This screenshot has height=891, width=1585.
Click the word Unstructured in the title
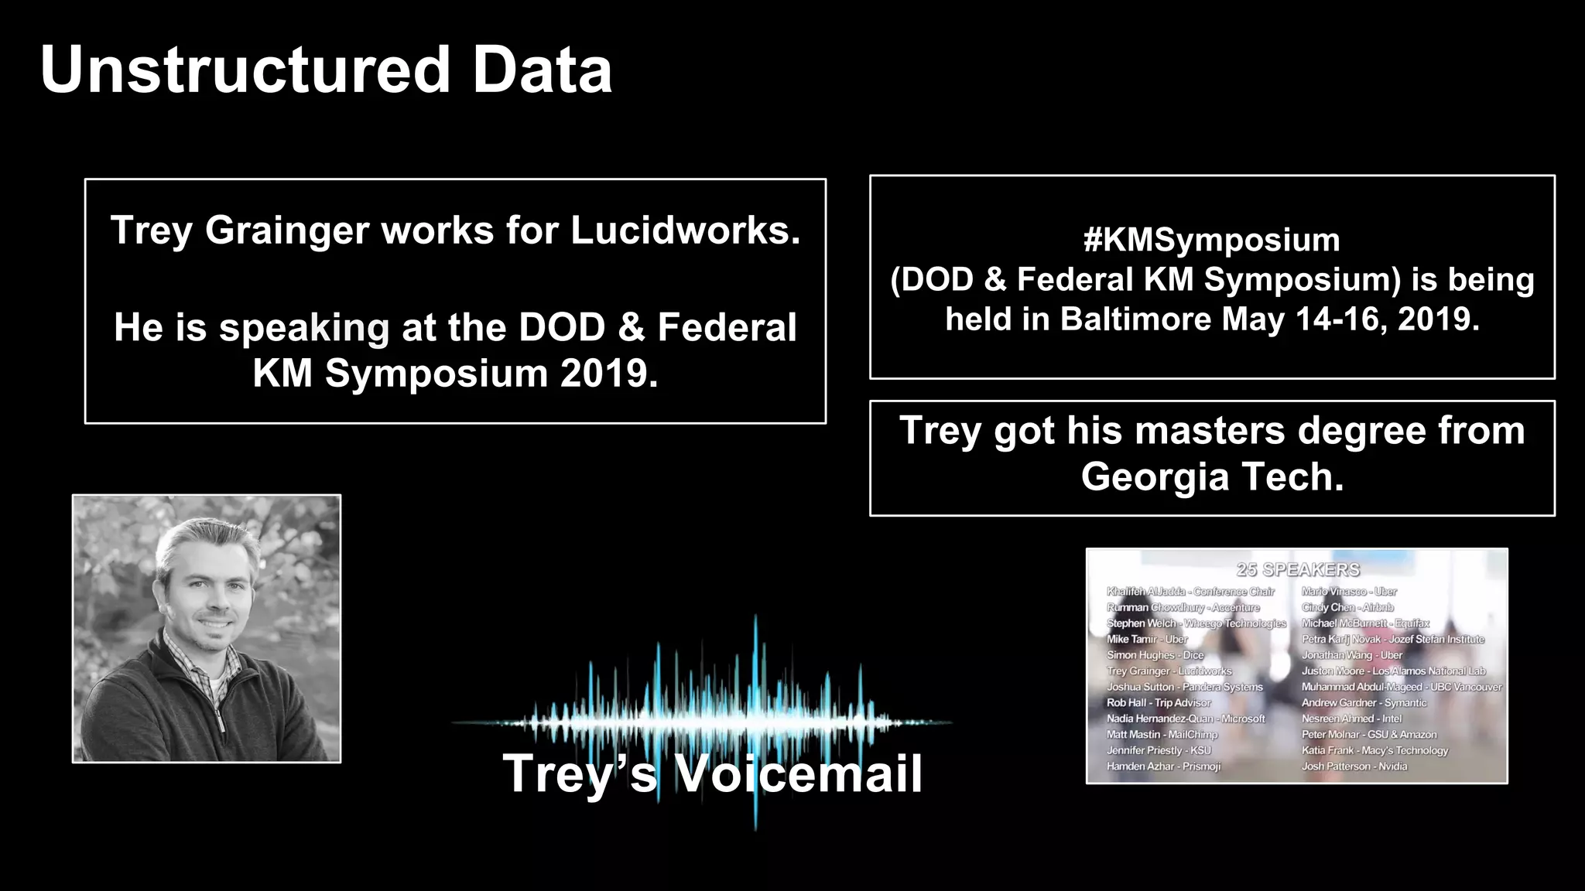pos(245,70)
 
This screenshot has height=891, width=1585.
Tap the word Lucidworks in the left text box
pos(685,230)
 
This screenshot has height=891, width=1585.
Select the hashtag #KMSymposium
pos(1211,240)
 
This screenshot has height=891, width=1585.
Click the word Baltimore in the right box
pos(1135,319)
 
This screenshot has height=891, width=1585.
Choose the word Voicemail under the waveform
pos(798,773)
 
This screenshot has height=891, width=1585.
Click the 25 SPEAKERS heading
pos(1298,570)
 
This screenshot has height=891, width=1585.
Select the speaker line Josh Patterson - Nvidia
pos(1354,766)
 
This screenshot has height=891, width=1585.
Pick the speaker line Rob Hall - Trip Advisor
pos(1159,703)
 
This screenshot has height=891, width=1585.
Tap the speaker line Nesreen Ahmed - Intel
pos(1351,719)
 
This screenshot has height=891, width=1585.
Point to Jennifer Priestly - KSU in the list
pos(1159,750)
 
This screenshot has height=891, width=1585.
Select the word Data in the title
pos(542,70)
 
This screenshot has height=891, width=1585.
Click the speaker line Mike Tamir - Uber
pos(1147,640)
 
